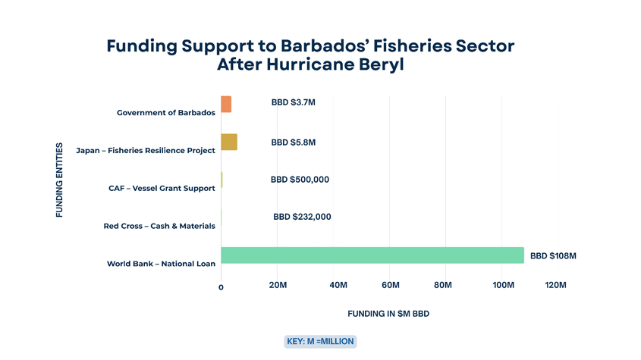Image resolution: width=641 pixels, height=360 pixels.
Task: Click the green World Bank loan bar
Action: pos(372,255)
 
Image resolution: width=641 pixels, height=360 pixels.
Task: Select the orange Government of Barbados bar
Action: pos(226,105)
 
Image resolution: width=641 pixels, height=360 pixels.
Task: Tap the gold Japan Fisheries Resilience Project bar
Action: pos(229,142)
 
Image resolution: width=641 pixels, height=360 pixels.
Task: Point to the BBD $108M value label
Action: pos(553,256)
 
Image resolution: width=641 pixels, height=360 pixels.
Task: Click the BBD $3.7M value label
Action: pos(293,102)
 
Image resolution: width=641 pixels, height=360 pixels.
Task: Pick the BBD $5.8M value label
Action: pos(293,142)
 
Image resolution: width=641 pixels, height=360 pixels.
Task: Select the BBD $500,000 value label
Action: pos(300,180)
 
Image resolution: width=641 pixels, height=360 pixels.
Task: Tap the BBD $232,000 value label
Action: pos(302,217)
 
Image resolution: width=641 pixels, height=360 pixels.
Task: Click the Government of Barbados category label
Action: pos(165,113)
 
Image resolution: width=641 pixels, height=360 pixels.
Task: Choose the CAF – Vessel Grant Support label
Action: pos(162,188)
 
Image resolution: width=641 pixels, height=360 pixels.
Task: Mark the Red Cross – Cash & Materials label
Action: pos(159,226)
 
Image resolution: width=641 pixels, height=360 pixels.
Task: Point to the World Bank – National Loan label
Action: pos(161,264)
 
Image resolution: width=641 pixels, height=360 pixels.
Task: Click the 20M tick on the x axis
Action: pos(278,285)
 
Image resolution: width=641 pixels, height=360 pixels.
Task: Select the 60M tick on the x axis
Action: pos(391,285)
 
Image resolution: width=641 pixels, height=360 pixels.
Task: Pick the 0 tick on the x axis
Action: pos(221,286)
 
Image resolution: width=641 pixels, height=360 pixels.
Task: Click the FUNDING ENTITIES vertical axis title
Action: pos(59,180)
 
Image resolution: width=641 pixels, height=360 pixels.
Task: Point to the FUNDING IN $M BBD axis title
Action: pos(388,314)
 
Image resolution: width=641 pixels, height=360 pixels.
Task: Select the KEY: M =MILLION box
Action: pos(320,341)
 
